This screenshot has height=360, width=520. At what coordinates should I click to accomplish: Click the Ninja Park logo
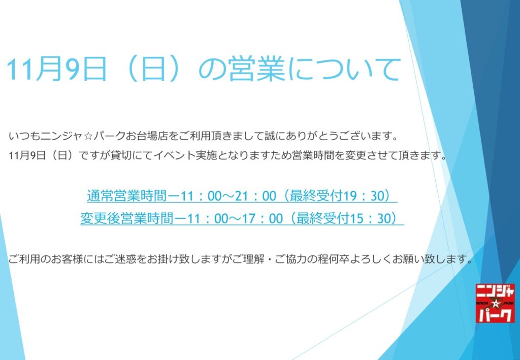(x=495, y=303)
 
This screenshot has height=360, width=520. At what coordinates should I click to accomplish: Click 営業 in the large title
(x=256, y=69)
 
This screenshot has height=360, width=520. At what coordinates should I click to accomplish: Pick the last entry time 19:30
(x=363, y=196)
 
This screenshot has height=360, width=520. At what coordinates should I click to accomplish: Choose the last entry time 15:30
(x=370, y=219)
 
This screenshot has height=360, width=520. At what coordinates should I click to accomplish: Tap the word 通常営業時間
(x=126, y=196)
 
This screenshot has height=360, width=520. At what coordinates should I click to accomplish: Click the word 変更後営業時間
(x=127, y=219)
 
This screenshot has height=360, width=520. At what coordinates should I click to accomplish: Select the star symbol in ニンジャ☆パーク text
(x=88, y=136)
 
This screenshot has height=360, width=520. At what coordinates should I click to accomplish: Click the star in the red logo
(x=496, y=303)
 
